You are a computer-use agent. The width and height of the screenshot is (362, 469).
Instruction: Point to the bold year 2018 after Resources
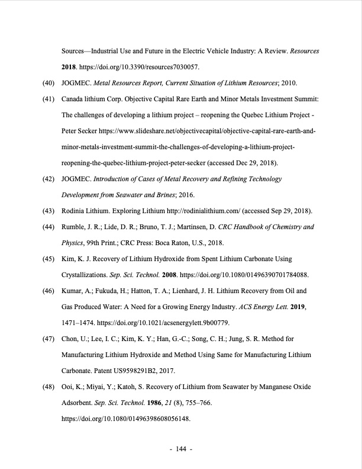[70, 67]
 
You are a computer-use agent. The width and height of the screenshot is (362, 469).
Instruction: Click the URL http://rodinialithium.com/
[181, 211]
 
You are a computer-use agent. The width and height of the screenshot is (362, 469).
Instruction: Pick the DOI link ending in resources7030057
[141, 67]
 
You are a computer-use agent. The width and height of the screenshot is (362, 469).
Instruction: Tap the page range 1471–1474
[78, 323]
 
